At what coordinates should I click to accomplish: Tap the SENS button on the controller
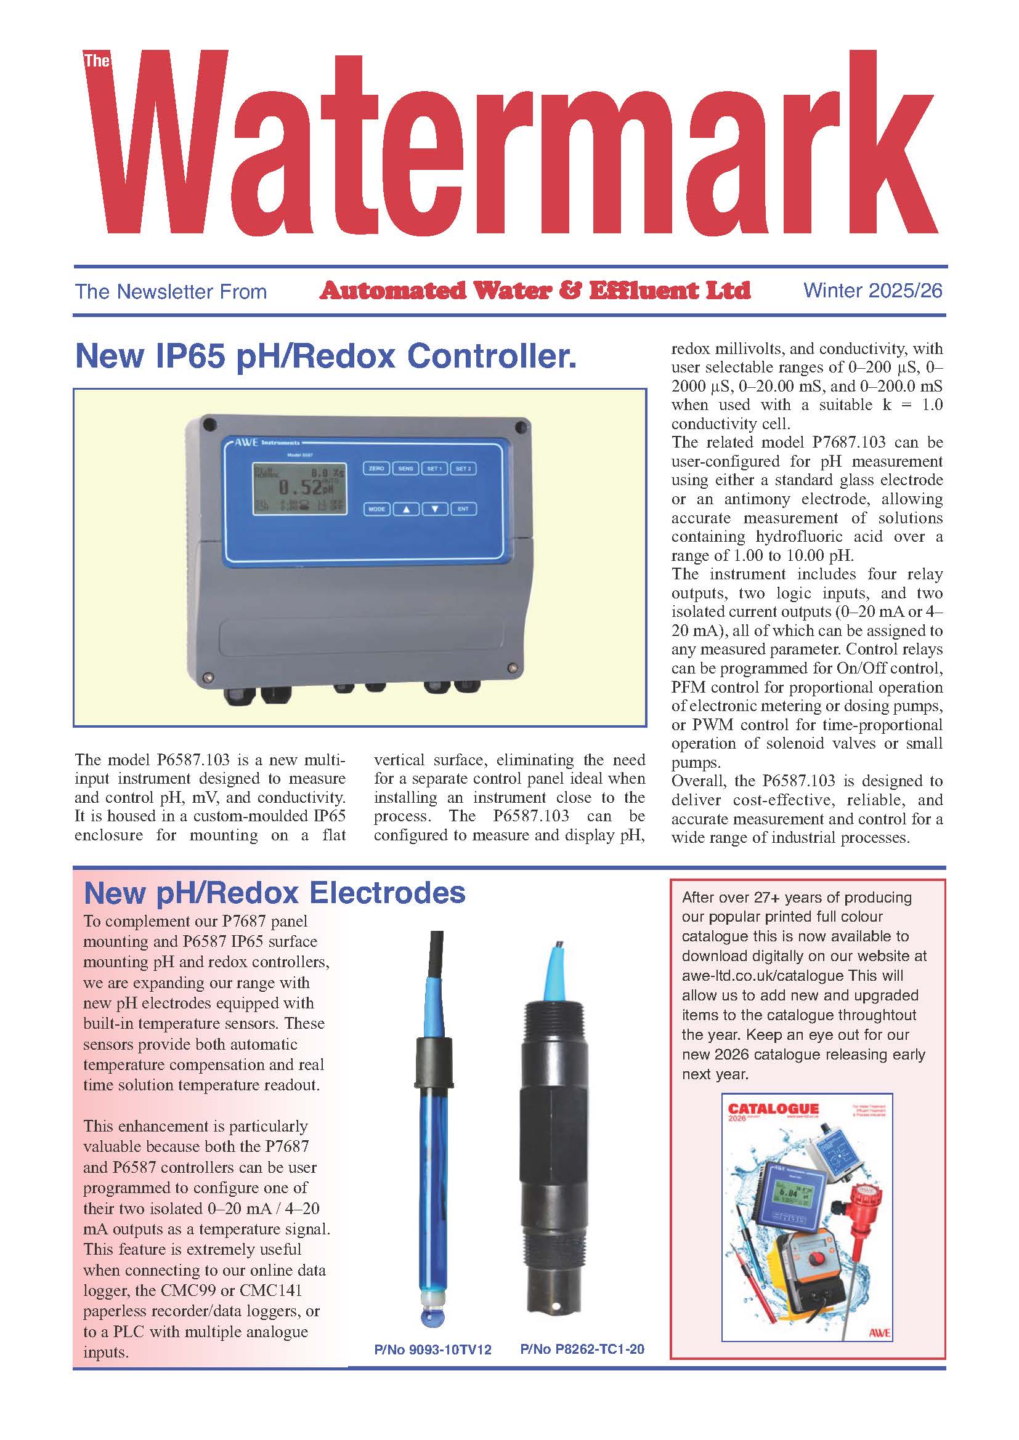405,469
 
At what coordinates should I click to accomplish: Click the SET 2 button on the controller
463,469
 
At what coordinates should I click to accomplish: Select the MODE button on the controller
376,509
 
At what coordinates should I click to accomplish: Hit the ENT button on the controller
463,509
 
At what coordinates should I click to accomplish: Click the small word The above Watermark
97,61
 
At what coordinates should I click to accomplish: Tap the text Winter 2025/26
873,291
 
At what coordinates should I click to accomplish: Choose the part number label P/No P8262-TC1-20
582,1349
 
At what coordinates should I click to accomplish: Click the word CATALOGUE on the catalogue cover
773,1109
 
